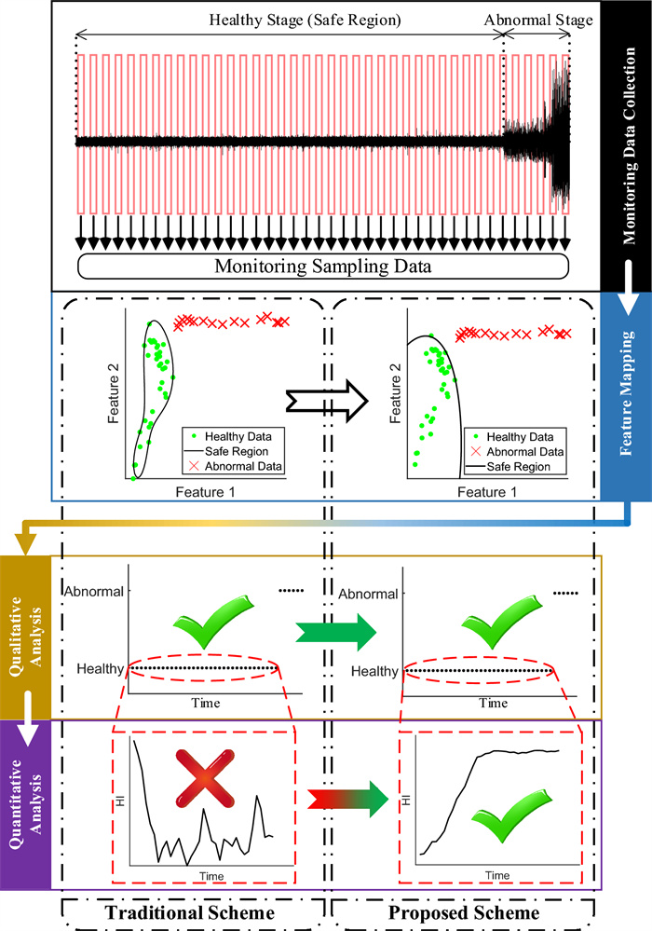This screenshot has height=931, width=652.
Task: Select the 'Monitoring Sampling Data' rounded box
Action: click(x=322, y=266)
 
